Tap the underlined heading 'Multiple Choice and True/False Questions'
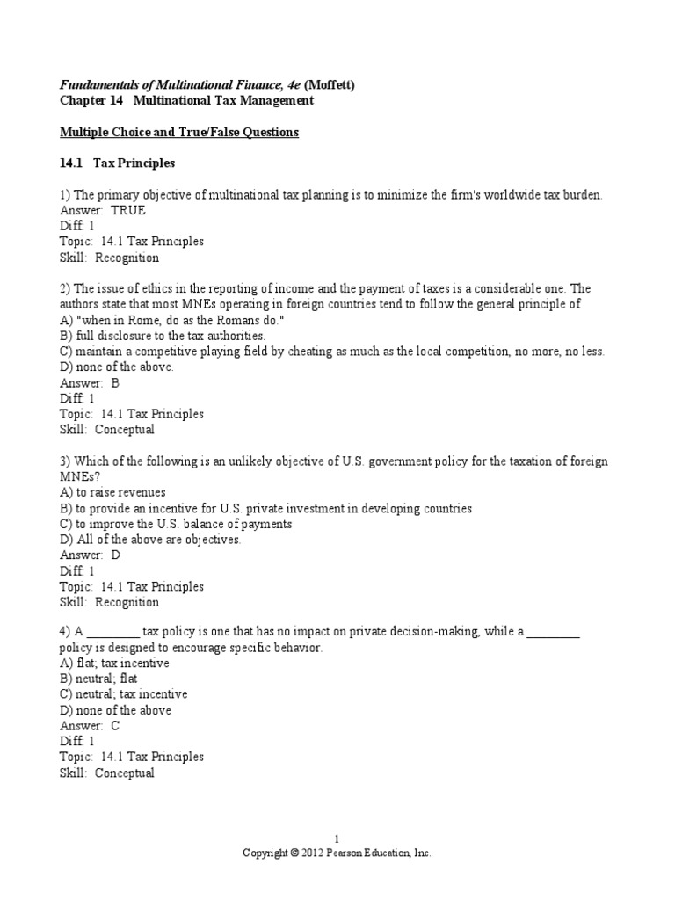179,132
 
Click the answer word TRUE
128,211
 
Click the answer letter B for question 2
115,383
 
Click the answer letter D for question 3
115,555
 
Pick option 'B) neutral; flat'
98,679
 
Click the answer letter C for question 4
115,726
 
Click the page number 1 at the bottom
337,839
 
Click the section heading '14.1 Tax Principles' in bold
118,163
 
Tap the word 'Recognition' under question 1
127,258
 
